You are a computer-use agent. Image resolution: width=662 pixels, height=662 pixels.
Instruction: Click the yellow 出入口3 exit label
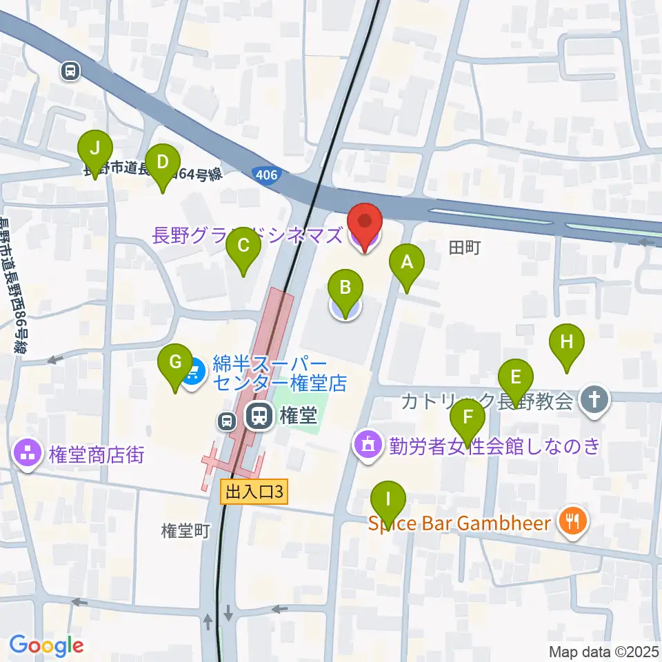tap(254, 492)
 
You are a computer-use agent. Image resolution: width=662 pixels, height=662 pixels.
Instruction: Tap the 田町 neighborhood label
tap(463, 248)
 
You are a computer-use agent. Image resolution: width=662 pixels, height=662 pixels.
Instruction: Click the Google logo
tap(46, 645)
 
